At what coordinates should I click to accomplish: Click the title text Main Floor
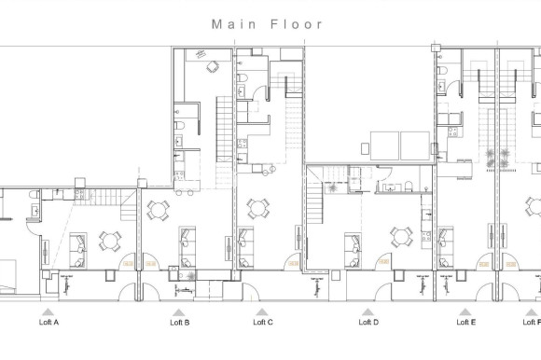point(268,24)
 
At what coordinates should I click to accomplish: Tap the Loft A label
point(49,323)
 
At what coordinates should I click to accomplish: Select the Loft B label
point(180,323)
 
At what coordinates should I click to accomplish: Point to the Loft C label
point(263,323)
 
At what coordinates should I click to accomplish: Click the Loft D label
point(368,323)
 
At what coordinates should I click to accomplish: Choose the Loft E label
point(465,323)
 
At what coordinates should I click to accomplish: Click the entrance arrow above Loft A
point(49,312)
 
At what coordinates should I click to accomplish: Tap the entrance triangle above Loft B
point(177,312)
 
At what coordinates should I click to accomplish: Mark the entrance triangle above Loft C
point(262,312)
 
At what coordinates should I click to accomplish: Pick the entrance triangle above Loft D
point(368,312)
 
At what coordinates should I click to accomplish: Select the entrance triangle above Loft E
point(465,312)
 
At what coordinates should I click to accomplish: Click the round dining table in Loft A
point(110,241)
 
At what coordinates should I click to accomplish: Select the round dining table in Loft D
point(403,237)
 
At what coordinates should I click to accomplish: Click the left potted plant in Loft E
point(487,157)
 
